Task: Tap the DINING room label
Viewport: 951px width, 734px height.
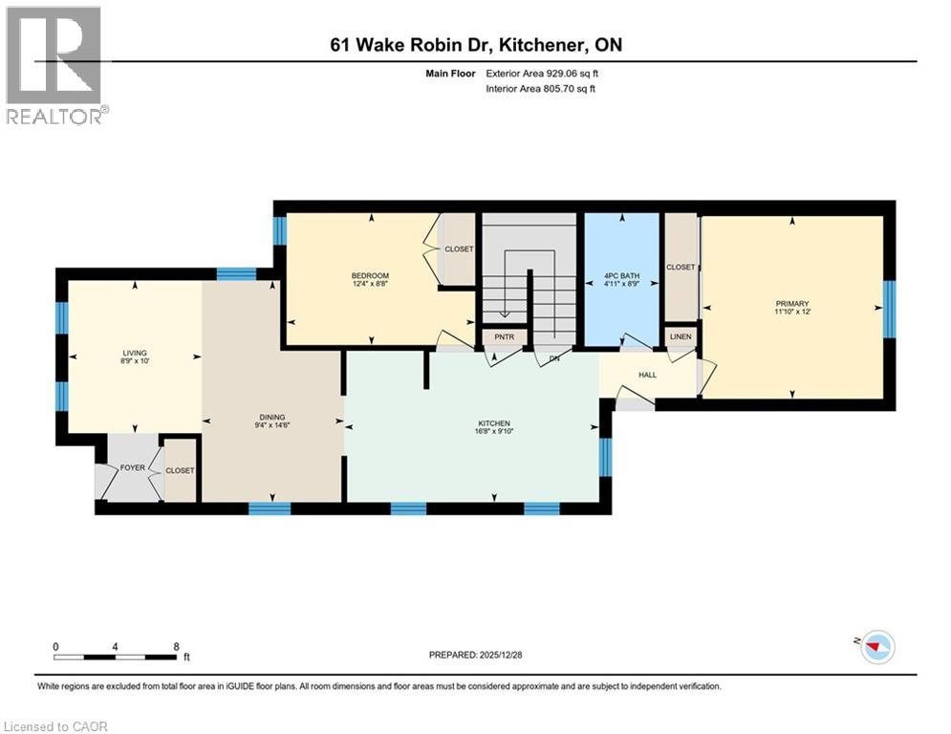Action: [272, 417]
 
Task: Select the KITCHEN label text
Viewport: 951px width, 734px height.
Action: [494, 422]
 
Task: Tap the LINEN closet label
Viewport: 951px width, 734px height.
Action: [681, 336]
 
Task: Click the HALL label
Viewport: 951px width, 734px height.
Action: [647, 375]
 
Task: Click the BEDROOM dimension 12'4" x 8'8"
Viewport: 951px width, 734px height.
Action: [371, 284]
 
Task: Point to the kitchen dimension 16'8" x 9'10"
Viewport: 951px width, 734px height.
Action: [494, 431]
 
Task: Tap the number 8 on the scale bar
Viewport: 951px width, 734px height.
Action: [176, 646]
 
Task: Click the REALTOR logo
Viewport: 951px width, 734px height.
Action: [54, 65]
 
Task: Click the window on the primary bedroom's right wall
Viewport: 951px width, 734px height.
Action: [889, 309]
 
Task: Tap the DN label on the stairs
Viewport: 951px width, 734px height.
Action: [552, 359]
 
